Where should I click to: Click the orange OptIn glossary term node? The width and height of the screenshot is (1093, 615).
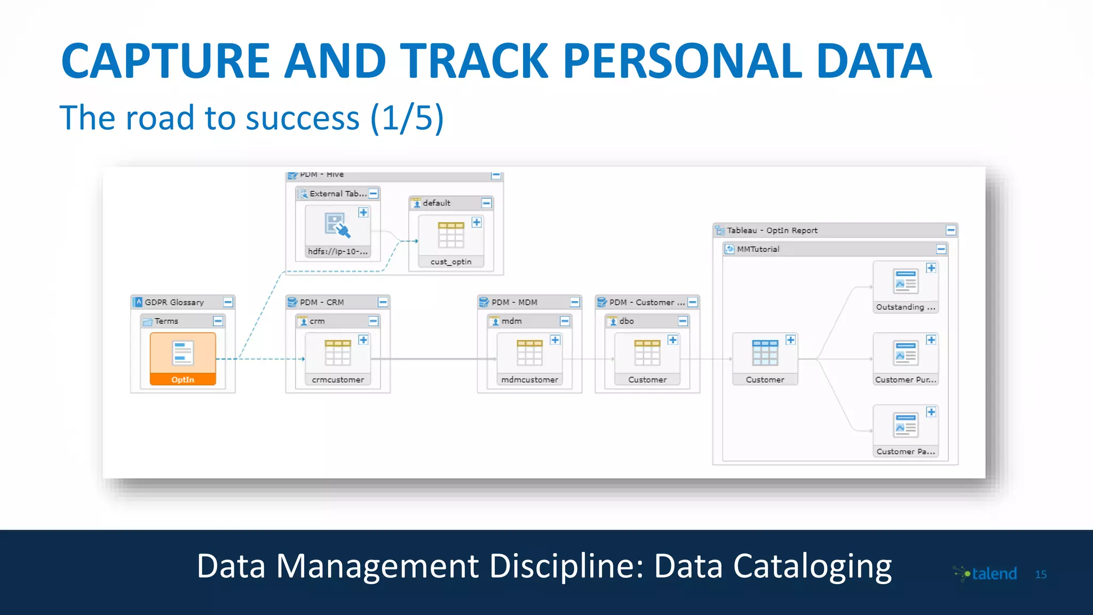(183, 358)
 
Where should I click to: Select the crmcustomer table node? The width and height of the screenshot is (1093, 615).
(337, 358)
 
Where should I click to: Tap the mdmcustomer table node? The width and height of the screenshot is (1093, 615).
(529, 358)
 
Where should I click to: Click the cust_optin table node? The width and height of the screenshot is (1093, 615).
(451, 240)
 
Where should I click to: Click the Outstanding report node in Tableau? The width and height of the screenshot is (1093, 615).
(905, 286)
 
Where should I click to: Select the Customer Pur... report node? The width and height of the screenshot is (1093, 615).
(905, 358)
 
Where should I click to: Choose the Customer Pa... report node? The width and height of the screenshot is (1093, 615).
(905, 430)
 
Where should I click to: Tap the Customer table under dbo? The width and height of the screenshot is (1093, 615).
(647, 358)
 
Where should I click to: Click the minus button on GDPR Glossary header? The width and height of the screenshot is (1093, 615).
(228, 302)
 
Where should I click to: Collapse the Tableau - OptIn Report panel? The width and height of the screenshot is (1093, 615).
(951, 230)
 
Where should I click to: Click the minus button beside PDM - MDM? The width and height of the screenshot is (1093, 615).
(575, 302)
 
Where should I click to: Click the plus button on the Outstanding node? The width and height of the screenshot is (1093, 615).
(931, 268)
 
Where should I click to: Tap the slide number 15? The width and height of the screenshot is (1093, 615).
(1041, 574)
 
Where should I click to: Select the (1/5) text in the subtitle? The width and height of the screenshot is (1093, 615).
(407, 118)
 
